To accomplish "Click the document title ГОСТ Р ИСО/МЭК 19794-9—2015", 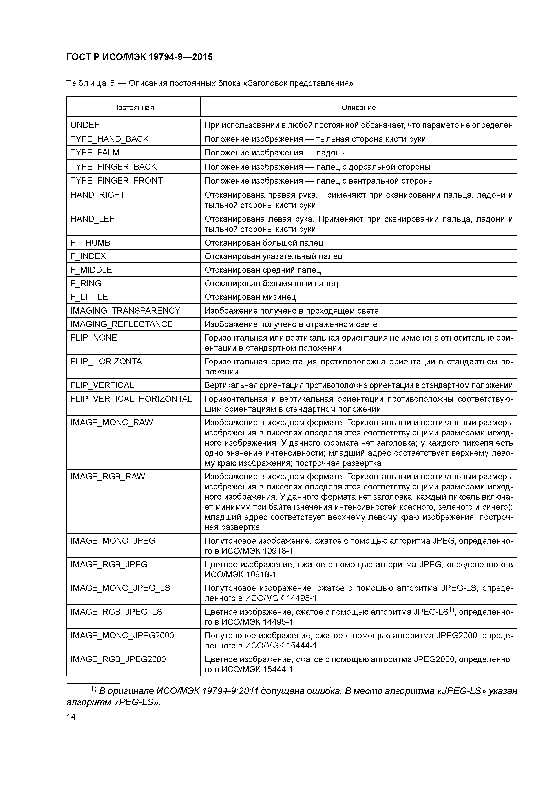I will tap(139, 57).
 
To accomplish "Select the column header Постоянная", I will tap(133, 108).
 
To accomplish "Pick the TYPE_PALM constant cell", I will tap(95, 152).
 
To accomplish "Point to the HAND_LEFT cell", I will tap(95, 219).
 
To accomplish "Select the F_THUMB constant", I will tap(90, 243).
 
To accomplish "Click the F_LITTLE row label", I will tap(89, 297).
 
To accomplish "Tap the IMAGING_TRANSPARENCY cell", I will tap(125, 311).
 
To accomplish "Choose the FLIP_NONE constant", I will tap(94, 338).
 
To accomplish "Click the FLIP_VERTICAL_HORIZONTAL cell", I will tap(131, 399).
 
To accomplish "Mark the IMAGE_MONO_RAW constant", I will tap(112, 423).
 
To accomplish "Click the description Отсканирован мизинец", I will tap(250, 297).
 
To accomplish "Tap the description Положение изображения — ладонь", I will tap(274, 152).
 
